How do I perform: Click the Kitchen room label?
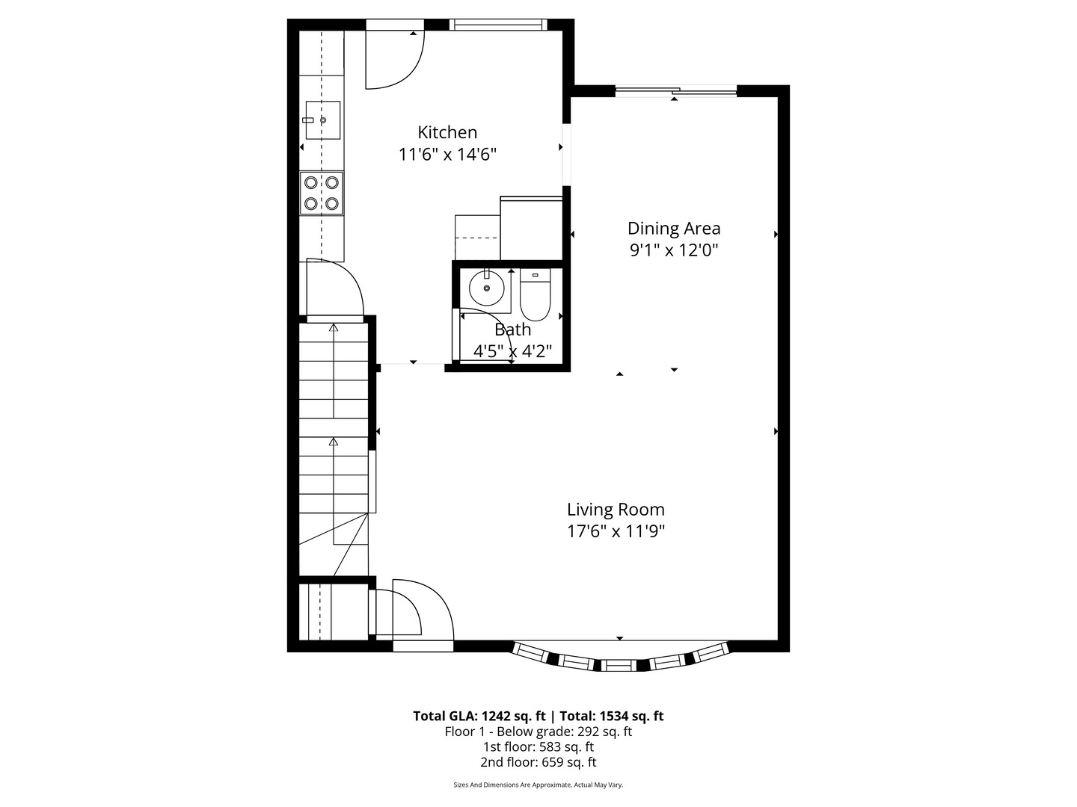coord(447,132)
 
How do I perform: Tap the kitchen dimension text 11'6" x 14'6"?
coord(447,155)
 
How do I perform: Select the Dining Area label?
coord(674,228)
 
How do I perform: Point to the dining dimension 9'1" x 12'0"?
coord(674,250)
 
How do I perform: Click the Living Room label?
coord(616,510)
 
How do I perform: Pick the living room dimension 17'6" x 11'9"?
coord(616,531)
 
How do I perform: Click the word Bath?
coord(513,330)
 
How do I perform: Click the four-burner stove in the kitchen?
coord(322,193)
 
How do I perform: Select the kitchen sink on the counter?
coord(322,120)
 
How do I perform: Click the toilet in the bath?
coord(535,296)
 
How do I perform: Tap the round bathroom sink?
coord(486,288)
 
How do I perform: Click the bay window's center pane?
coord(618,664)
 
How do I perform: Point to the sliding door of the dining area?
coord(676,92)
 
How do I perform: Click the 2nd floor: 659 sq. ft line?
coord(538,762)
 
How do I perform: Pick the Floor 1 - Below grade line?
coord(538,732)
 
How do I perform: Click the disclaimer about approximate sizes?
coord(538,785)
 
